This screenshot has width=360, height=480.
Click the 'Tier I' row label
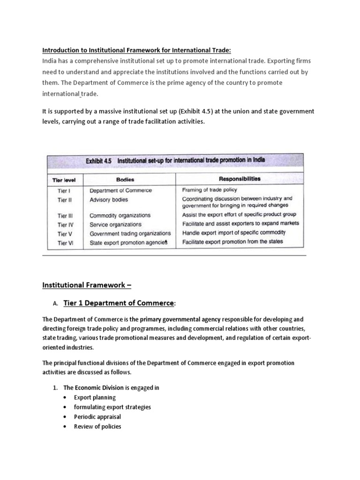(64, 191)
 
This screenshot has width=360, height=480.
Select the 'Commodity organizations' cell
(120, 216)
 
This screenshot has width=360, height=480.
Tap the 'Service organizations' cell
(115, 225)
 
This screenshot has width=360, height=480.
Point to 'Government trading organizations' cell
(130, 233)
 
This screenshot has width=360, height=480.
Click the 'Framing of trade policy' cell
(210, 190)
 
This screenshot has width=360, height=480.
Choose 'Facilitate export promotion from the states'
(232, 241)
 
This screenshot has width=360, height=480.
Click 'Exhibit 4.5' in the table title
(99, 160)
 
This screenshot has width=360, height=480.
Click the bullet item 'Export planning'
(95, 397)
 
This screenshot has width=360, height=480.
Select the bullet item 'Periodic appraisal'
(97, 417)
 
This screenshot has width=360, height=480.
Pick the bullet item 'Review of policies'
(97, 427)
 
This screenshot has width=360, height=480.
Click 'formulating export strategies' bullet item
(112, 407)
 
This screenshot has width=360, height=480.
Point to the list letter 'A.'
(55, 304)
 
